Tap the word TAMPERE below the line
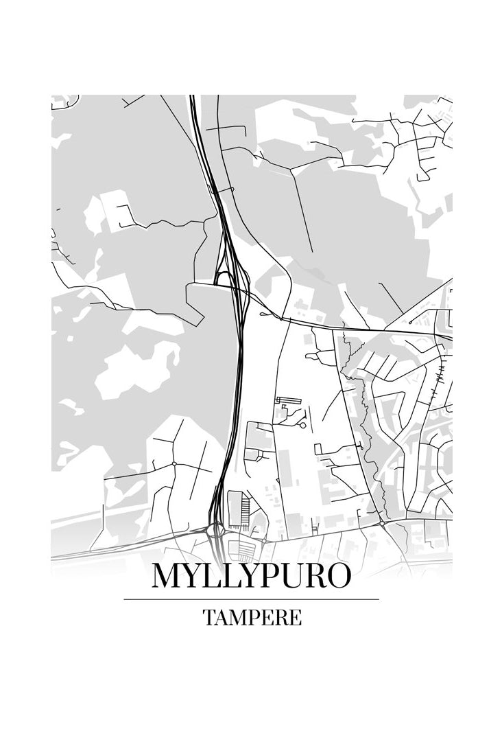point(252,617)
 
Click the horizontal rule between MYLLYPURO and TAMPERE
point(251,599)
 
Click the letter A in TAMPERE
point(221,617)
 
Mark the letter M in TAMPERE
point(237,617)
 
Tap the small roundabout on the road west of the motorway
point(175,464)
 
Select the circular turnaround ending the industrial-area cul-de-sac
point(302,426)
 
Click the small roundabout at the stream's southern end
point(381,524)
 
